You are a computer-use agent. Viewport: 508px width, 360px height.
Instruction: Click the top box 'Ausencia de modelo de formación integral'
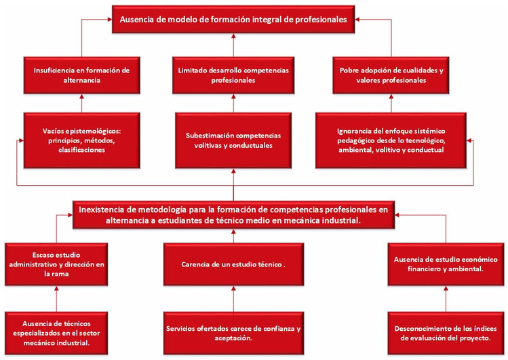tap(233, 19)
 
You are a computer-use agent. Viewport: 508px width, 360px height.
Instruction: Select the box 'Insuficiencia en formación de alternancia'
tap(81, 75)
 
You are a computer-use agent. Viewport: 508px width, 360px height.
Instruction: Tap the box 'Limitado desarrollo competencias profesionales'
tap(233, 75)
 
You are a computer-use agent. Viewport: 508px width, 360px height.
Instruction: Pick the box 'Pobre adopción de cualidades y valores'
tap(391, 75)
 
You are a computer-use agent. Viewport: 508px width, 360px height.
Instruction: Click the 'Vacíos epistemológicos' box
tap(81, 140)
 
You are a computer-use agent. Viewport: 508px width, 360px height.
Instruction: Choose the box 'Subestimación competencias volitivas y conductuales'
tap(233, 140)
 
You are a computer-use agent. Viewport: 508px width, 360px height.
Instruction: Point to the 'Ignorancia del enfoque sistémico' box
tap(391, 140)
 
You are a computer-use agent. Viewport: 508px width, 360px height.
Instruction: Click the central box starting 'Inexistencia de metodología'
tap(233, 215)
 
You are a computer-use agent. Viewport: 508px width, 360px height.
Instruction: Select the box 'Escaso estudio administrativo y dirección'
tap(56, 264)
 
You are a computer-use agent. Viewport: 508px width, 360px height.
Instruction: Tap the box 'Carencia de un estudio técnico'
tap(233, 264)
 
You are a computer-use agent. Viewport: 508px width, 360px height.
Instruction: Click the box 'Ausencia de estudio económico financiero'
tap(446, 264)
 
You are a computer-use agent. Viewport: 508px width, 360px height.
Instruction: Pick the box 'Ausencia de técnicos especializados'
tap(56, 333)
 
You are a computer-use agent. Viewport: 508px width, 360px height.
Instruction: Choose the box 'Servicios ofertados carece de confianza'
tap(233, 333)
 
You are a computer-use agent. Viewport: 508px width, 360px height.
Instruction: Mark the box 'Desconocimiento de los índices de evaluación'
tap(446, 333)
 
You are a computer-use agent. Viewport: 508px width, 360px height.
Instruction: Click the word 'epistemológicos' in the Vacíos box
tap(90, 132)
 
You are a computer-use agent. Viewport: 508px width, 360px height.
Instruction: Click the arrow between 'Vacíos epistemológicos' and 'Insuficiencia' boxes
tap(81, 103)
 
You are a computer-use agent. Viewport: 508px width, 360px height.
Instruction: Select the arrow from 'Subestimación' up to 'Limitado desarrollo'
tap(233, 103)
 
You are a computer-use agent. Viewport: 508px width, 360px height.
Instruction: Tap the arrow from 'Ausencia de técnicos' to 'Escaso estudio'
tap(56, 299)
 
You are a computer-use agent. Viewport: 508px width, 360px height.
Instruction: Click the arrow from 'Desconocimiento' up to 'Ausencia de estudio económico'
tap(446, 299)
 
